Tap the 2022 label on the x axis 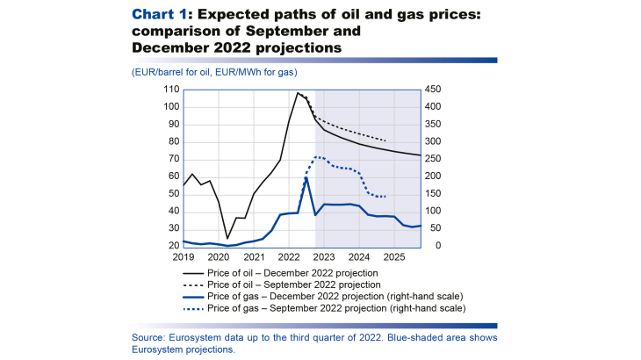click(x=290, y=257)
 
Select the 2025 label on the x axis click(x=394, y=257)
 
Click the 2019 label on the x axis click(x=184, y=257)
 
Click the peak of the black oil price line click(x=299, y=92)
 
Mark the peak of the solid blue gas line click(x=306, y=178)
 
